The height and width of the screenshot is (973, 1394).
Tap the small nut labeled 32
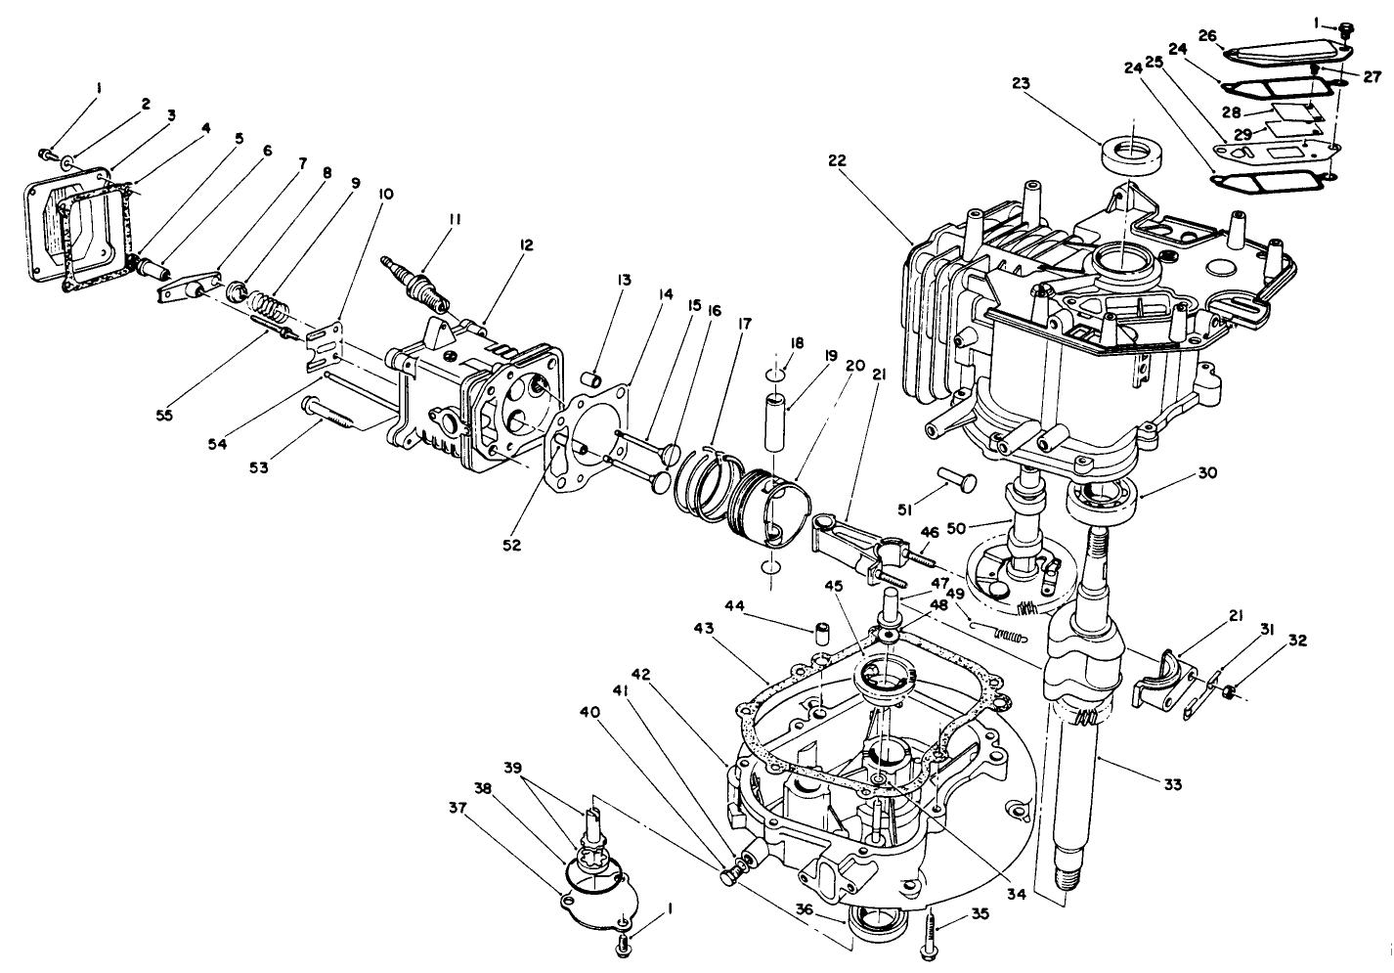click(x=1230, y=692)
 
